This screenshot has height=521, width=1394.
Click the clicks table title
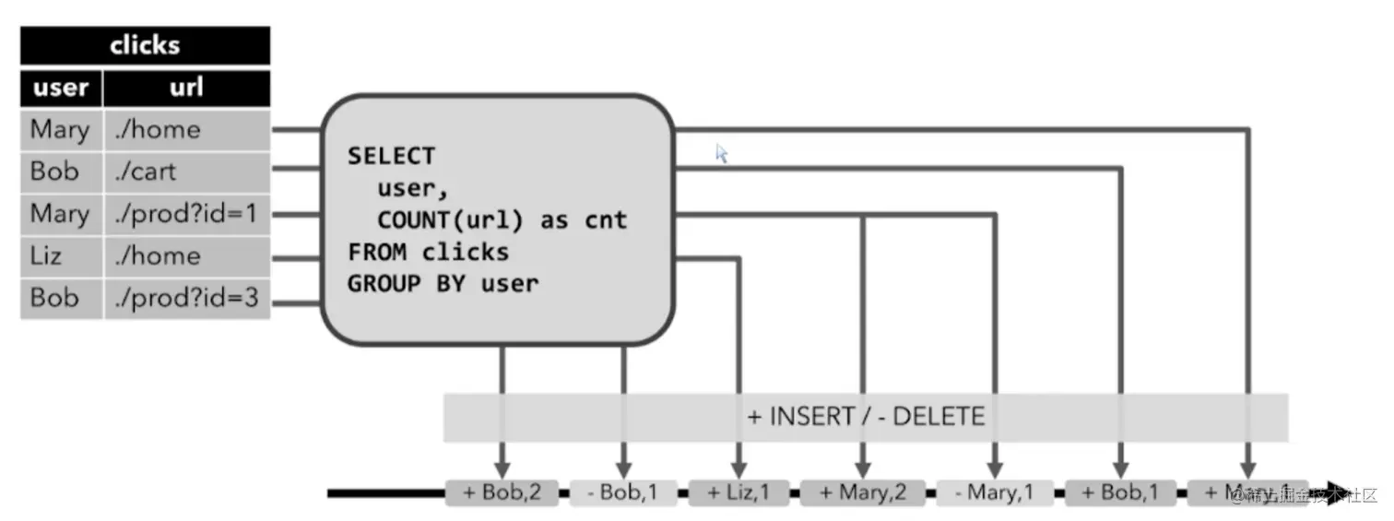click(x=145, y=45)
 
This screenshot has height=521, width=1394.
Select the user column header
click(x=61, y=89)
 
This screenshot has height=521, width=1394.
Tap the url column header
click(x=186, y=89)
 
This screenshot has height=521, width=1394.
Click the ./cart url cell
click(x=145, y=172)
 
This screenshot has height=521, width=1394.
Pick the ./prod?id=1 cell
click(x=185, y=214)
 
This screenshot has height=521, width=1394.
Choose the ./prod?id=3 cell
click(x=185, y=298)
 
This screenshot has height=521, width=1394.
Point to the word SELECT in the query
click(x=391, y=156)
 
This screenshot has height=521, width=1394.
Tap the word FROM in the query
click(x=377, y=252)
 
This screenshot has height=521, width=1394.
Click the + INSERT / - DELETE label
click(x=866, y=417)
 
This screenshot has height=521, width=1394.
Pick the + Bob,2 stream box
click(x=502, y=492)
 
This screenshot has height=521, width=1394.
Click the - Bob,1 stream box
click(x=622, y=492)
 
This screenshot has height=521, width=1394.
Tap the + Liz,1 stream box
click(x=738, y=492)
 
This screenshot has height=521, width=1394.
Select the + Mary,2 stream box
click(x=863, y=492)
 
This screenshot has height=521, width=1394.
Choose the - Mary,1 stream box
click(x=995, y=492)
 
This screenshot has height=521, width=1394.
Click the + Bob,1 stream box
click(x=1120, y=492)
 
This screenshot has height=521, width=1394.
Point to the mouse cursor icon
click(x=722, y=153)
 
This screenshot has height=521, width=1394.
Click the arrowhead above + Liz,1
click(x=738, y=468)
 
